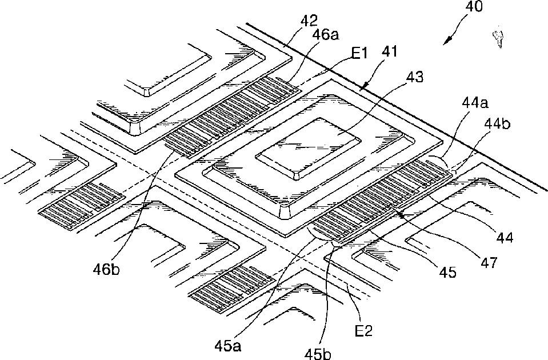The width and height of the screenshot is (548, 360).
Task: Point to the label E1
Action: click(358, 55)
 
